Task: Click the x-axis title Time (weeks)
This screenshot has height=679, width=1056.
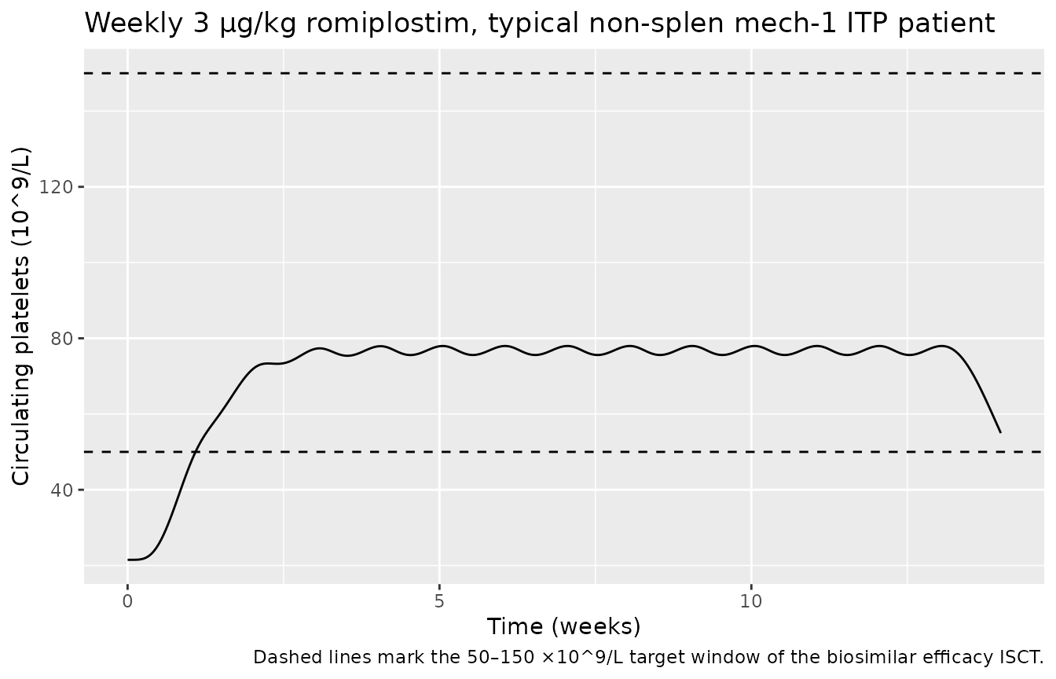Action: tap(563, 626)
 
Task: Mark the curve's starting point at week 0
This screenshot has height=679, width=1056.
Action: tap(128, 560)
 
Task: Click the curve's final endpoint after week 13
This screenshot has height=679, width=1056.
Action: tap(1000, 432)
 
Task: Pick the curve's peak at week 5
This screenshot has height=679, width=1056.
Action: tap(442, 346)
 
